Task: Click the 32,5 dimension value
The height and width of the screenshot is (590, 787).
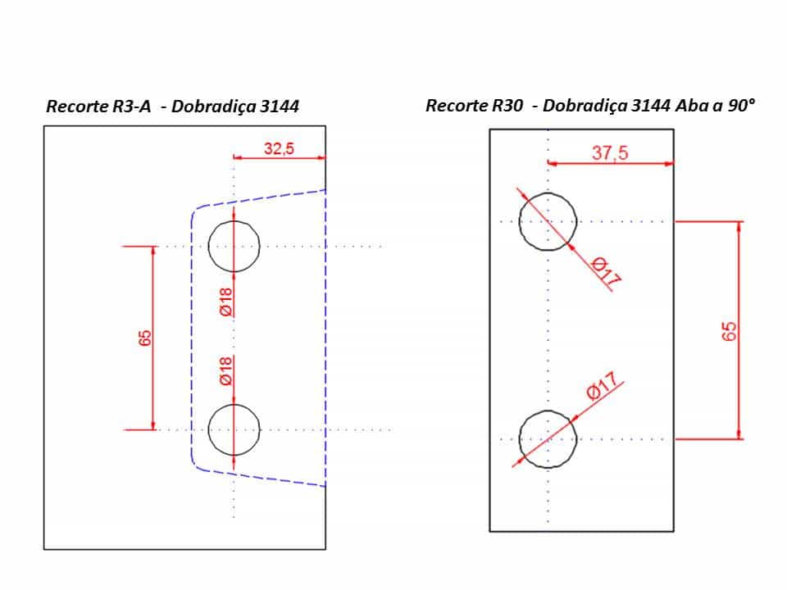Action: point(279,148)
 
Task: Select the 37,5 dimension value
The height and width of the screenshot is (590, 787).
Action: point(610,152)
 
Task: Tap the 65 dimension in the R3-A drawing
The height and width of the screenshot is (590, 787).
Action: point(144,338)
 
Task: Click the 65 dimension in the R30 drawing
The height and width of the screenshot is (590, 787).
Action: point(729,331)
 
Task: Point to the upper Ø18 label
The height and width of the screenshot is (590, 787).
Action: point(226,302)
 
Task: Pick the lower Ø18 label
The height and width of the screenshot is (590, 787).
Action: point(226,370)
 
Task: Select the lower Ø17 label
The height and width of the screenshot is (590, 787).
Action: point(602,386)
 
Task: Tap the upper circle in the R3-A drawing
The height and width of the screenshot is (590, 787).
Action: point(208,247)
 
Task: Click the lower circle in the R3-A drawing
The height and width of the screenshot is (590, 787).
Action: point(208,430)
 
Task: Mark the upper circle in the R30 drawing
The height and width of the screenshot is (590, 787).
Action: point(519,221)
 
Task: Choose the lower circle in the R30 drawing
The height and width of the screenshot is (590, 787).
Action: point(519,439)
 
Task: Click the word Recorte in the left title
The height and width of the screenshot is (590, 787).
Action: point(77,107)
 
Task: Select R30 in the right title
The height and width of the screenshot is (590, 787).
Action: point(507,106)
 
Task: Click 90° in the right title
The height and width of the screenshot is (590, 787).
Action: point(741,106)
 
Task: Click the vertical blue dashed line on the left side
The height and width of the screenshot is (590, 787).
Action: point(192,338)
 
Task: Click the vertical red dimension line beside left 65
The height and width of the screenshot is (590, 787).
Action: point(153,338)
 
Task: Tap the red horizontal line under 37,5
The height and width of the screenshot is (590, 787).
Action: point(610,164)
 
